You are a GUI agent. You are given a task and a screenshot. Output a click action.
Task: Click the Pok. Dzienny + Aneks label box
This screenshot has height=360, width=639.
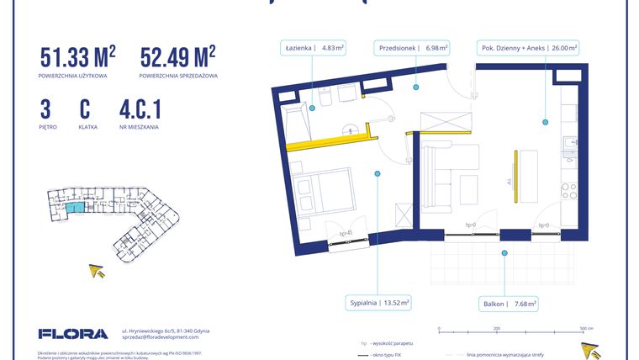(x=528, y=48)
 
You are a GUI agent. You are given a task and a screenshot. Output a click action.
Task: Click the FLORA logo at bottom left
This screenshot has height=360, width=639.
(x=73, y=333)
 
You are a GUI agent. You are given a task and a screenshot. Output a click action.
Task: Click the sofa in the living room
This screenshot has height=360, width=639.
(x=438, y=176)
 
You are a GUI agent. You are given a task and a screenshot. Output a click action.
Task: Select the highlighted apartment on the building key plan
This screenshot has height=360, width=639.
(x=76, y=207)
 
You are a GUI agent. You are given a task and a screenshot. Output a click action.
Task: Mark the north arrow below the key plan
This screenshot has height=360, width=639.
(x=98, y=270)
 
